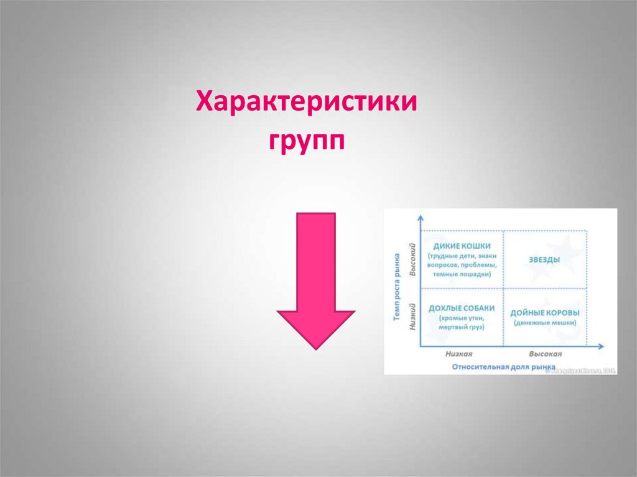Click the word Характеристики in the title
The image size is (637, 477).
(x=307, y=100)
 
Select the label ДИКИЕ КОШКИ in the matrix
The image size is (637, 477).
(x=462, y=245)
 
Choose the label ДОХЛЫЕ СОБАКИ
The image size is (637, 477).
(x=462, y=308)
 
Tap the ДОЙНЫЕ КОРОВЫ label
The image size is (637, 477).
(x=545, y=313)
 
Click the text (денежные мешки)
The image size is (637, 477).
(x=545, y=323)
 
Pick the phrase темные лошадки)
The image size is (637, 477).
(x=462, y=274)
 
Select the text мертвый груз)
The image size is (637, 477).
(x=462, y=327)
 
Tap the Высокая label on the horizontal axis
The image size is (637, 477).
(x=545, y=353)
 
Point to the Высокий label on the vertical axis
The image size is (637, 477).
(x=411, y=261)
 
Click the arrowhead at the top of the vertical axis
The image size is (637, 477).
(x=421, y=217)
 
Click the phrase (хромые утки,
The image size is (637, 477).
(x=462, y=318)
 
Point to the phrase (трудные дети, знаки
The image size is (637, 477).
(x=462, y=256)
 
